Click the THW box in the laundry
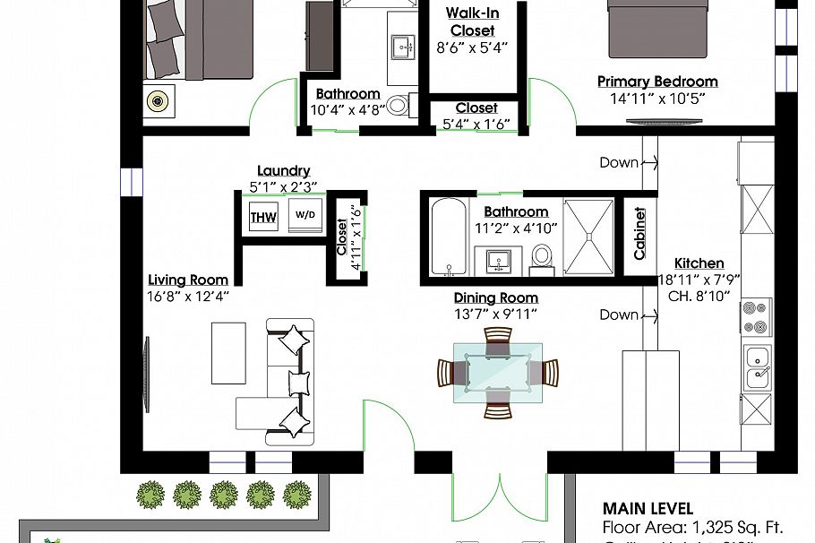(263, 217)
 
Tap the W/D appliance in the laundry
(305, 216)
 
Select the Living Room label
(188, 280)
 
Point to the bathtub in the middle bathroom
(447, 237)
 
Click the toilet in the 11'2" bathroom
(542, 258)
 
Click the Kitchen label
(699, 263)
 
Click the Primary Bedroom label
(657, 82)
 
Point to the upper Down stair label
(620, 162)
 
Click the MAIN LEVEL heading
(648, 508)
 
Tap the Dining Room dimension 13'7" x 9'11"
(496, 315)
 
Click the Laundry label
(283, 171)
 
